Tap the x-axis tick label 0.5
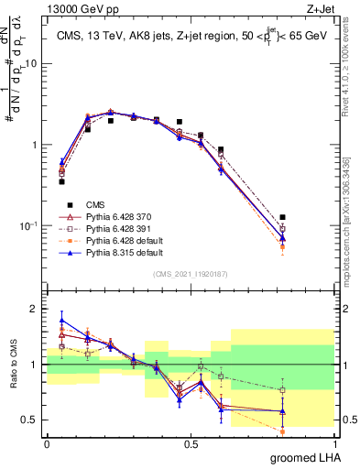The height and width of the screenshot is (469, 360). click(x=191, y=444)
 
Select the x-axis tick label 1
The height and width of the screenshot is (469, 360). click(x=334, y=444)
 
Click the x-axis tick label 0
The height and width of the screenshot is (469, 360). click(x=47, y=444)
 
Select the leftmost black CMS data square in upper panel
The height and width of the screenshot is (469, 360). click(x=61, y=181)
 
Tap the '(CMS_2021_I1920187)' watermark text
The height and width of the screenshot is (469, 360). click(x=191, y=274)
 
